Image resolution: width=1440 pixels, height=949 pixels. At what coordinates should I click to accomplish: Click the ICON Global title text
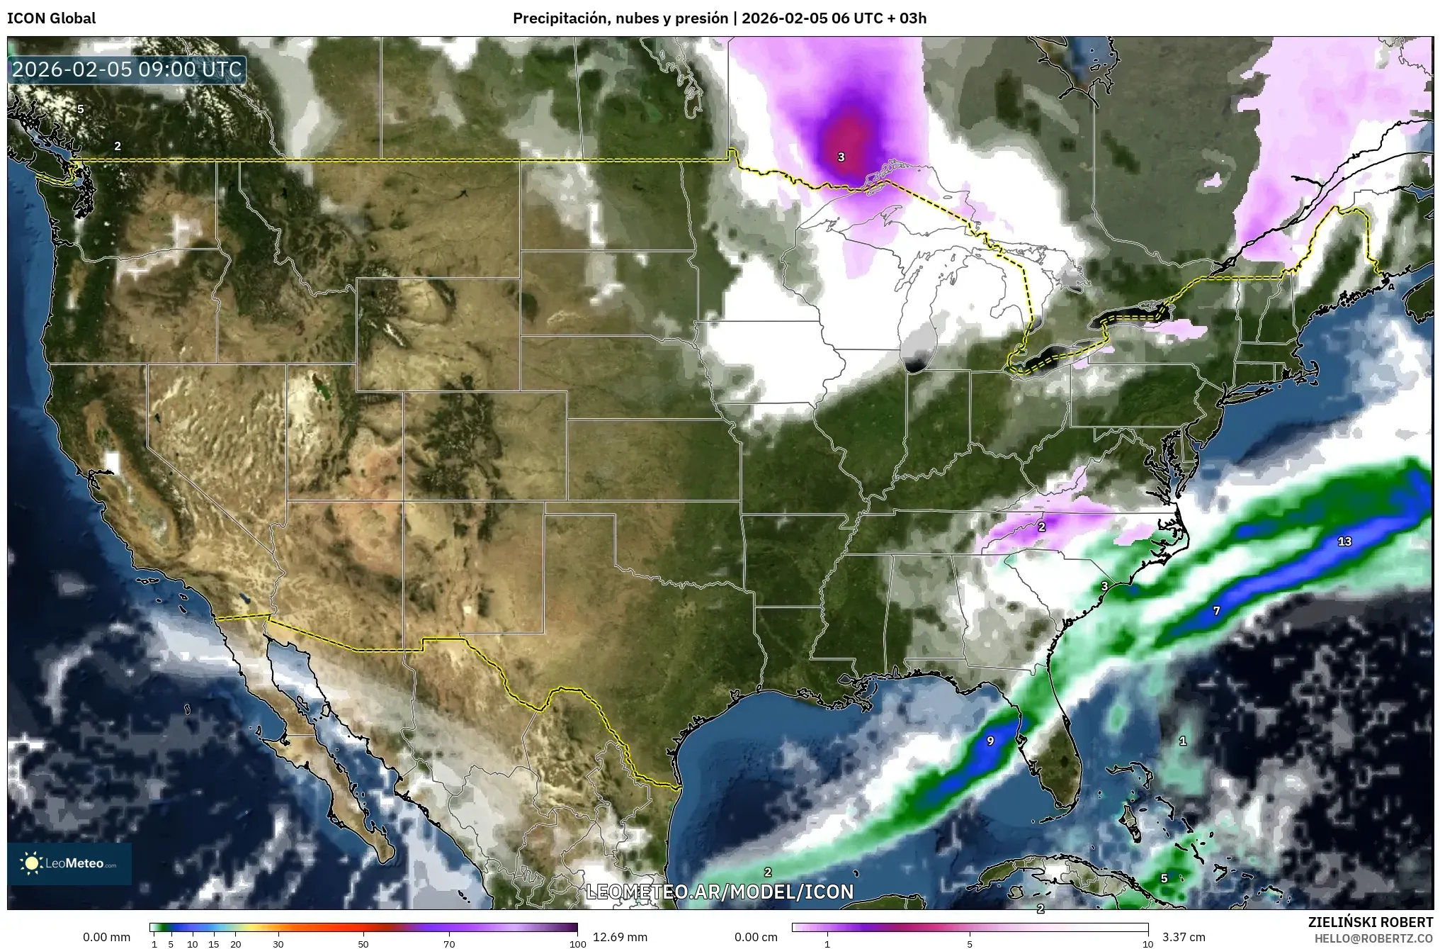[51, 18]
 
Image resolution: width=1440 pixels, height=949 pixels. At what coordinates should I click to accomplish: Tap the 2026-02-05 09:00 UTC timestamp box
[127, 69]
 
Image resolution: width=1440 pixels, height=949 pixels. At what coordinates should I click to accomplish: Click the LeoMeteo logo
[69, 863]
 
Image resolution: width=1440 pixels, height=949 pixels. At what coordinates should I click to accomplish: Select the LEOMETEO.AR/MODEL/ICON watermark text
[720, 892]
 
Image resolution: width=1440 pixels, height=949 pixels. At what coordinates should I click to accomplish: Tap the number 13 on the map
[1344, 541]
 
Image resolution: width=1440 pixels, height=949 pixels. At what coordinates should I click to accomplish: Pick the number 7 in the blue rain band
[1216, 610]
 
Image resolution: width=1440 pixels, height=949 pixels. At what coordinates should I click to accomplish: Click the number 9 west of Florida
[990, 741]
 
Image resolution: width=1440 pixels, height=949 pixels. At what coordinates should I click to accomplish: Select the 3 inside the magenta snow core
[841, 157]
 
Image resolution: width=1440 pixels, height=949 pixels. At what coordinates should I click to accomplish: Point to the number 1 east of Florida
[1182, 741]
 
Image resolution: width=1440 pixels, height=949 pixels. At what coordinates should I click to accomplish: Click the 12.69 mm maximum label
[616, 937]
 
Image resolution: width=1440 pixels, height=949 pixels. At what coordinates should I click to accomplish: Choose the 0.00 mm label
[107, 937]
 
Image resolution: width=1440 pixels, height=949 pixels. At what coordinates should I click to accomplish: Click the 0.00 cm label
[756, 937]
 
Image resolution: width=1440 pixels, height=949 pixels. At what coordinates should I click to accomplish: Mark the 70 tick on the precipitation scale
[449, 944]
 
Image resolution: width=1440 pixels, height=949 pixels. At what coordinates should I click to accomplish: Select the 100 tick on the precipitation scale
[577, 944]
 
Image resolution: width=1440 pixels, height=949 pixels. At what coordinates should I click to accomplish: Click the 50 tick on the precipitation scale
[363, 944]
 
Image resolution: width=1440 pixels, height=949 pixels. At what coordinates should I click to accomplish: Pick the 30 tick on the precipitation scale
[278, 944]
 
